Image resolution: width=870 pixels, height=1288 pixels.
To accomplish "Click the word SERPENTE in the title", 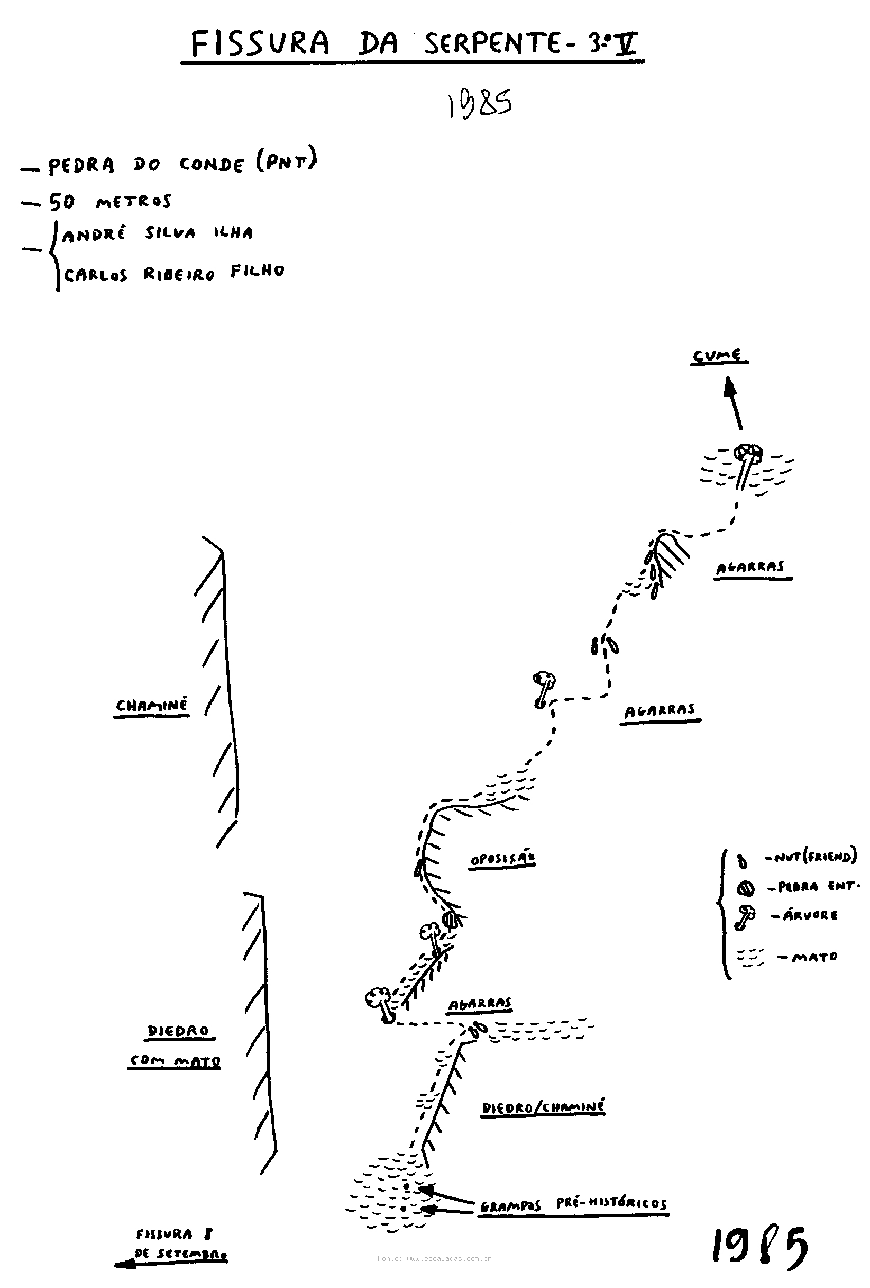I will pyautogui.click(x=492, y=44).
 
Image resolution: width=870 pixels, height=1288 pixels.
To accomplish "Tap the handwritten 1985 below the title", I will pyautogui.click(x=480, y=104).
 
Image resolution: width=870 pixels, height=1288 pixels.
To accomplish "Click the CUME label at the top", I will pyautogui.click(x=718, y=355).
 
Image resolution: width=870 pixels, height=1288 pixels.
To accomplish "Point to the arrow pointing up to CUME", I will pyautogui.click(x=734, y=403).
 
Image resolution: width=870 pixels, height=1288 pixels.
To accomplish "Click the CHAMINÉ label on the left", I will pyautogui.click(x=152, y=706).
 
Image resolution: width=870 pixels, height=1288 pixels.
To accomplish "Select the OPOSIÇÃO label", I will pyautogui.click(x=502, y=860).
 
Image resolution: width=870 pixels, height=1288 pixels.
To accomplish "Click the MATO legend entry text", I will pyautogui.click(x=814, y=957).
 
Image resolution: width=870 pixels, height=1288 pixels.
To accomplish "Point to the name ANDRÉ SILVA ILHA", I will pyautogui.click(x=158, y=233).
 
